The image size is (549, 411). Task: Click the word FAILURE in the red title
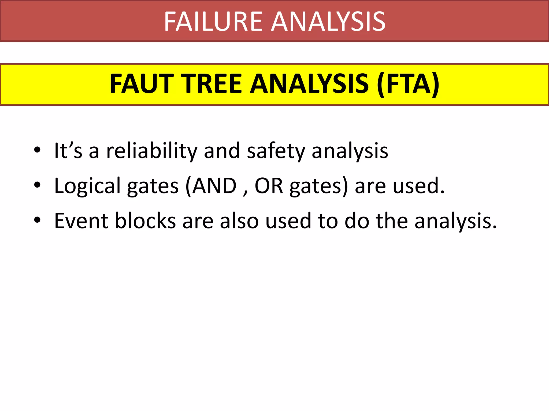coord(213,21)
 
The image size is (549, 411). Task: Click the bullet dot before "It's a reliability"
coord(37,150)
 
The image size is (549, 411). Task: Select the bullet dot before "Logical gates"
coord(37,185)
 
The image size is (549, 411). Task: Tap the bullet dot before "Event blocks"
coord(37,220)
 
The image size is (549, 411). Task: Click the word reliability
coord(152,151)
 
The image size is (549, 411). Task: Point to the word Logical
coord(87,186)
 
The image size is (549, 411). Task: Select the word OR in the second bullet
coord(269,185)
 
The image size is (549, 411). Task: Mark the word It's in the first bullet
coord(68,151)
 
